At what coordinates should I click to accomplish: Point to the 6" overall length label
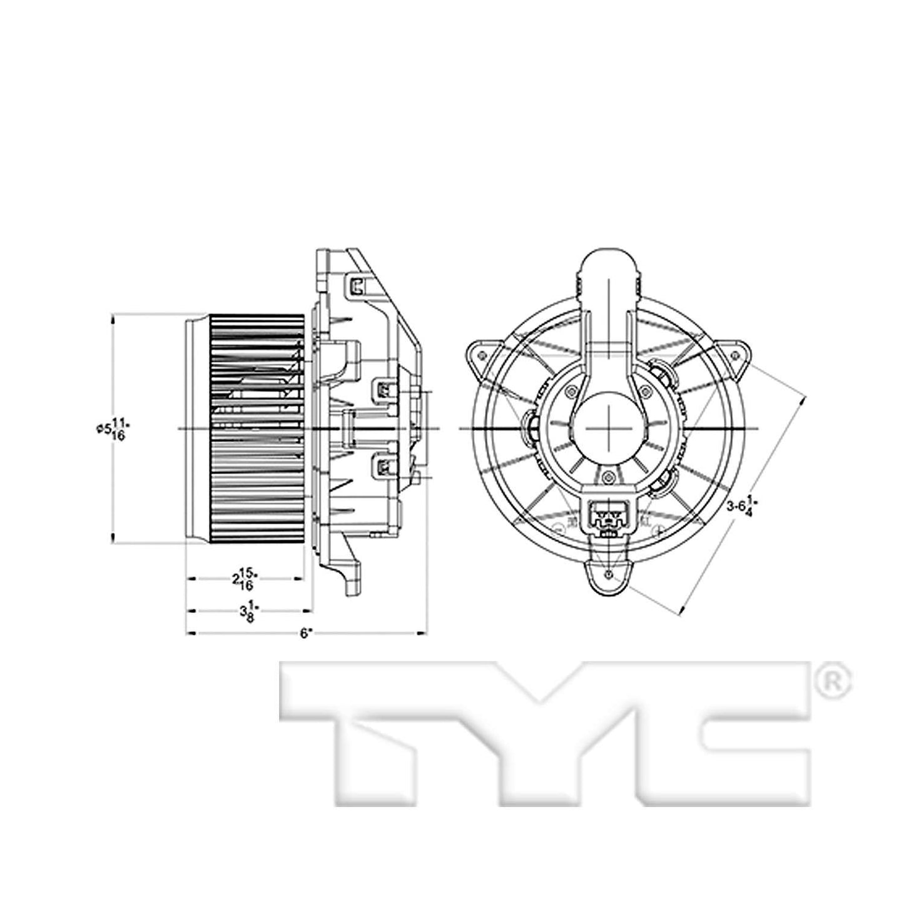point(305,633)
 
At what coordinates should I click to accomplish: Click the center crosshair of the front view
point(609,429)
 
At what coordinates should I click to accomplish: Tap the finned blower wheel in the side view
point(256,429)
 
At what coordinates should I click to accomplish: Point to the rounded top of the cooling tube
point(609,263)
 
